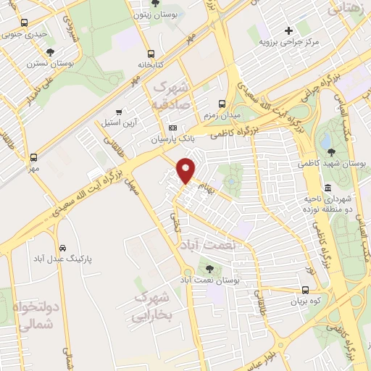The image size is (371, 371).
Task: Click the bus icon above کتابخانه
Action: [151, 54]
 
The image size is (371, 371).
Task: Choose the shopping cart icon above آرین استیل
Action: [118, 112]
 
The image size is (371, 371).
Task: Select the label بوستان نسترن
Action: [51, 63]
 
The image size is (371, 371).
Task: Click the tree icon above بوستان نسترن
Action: [50, 52]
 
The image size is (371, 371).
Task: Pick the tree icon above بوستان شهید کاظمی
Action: [331, 151]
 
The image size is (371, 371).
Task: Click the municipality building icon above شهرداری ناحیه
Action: [328, 188]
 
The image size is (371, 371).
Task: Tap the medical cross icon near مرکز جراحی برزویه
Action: [289, 30]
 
